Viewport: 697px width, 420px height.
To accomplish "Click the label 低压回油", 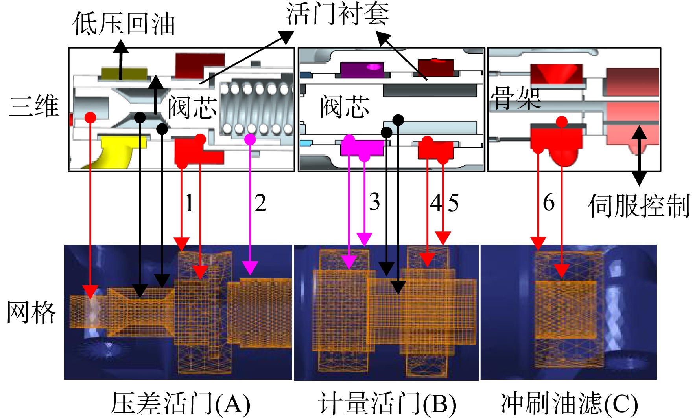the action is click(124, 24).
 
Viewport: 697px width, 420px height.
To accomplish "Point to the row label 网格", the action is click(31, 313).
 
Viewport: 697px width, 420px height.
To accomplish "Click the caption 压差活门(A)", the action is click(180, 403).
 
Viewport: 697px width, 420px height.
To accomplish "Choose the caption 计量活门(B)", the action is click(387, 403).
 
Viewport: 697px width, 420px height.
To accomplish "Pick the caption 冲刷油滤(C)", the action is click(569, 403).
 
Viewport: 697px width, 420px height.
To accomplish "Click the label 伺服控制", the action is click(639, 205).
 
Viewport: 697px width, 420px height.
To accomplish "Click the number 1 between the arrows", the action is click(189, 203).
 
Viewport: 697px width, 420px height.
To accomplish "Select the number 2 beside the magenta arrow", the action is click(260, 203).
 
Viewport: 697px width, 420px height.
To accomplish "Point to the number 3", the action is click(374, 202).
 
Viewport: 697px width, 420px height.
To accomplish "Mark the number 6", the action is click(549, 202).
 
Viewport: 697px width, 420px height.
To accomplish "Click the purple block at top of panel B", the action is click(362, 70).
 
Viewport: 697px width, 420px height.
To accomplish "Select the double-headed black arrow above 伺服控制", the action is click(639, 156).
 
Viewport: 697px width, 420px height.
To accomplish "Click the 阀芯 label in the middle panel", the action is click(345, 106).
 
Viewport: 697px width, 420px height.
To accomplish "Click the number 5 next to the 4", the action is click(454, 204).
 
